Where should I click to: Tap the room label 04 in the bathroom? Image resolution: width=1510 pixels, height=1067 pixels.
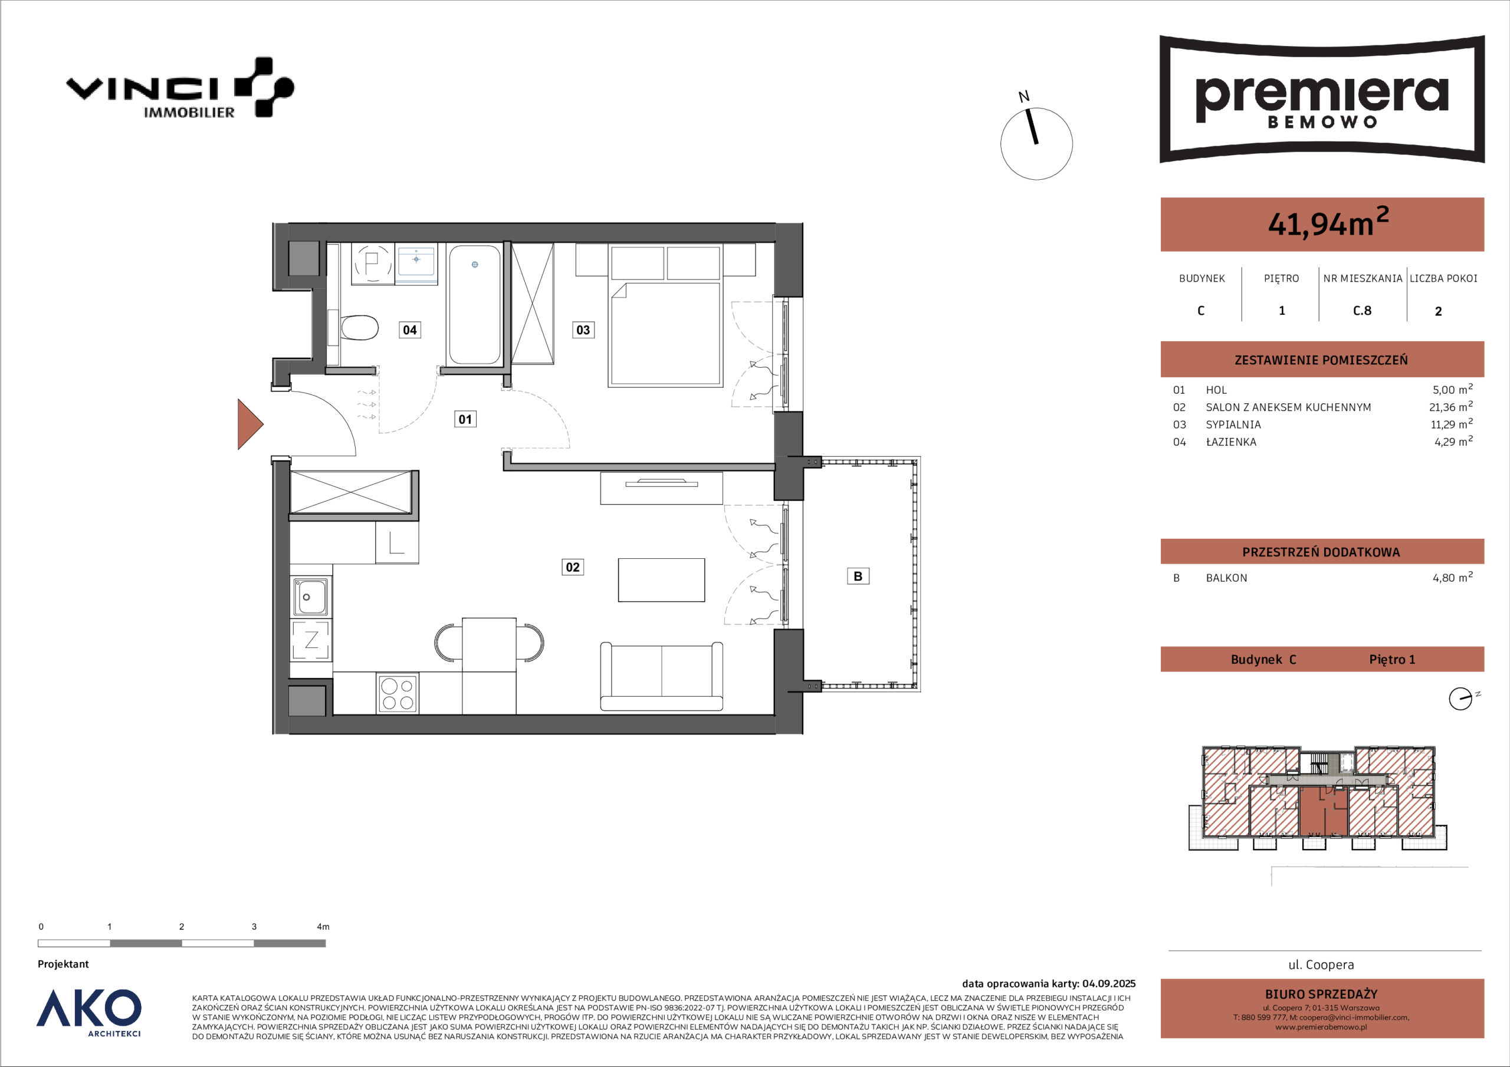[410, 330]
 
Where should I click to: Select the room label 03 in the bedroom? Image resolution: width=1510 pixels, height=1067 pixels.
[583, 330]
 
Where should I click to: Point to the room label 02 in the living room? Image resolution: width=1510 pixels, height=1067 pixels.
[573, 567]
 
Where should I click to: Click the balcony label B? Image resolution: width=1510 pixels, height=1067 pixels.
[858, 576]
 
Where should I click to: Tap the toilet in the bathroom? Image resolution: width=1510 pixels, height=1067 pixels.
[359, 327]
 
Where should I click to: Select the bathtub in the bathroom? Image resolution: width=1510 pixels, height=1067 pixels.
[474, 304]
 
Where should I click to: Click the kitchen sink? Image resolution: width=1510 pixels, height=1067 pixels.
[310, 597]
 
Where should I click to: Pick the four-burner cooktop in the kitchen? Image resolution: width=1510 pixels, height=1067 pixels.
[397, 694]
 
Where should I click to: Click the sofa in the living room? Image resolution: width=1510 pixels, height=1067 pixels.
[662, 677]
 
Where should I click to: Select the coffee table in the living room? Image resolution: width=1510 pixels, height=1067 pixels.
[661, 580]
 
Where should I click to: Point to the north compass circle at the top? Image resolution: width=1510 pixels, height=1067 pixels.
[1036, 143]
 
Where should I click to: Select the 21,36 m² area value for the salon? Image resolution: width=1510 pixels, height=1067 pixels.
[1451, 406]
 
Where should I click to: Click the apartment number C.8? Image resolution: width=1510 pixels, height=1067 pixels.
[1362, 310]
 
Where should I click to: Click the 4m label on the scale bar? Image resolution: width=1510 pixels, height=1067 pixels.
[323, 926]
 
